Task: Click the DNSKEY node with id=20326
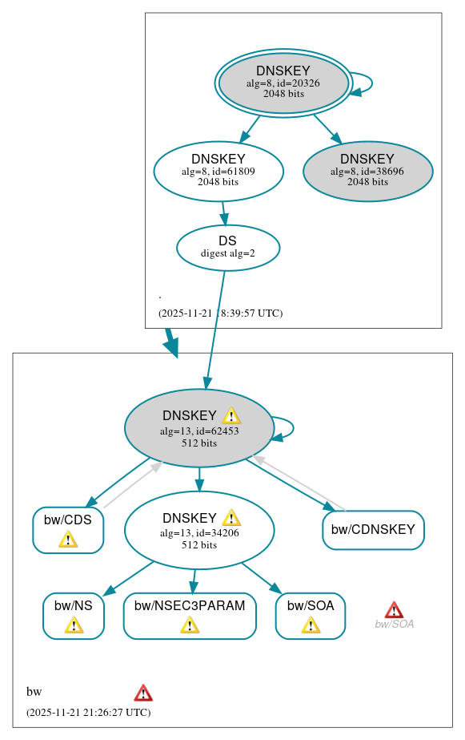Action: tap(283, 83)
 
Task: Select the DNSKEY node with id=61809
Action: tap(218, 171)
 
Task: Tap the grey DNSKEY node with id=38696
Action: tap(367, 171)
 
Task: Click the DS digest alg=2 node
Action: tap(227, 247)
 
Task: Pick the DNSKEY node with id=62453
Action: tap(199, 428)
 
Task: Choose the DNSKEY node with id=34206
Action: tap(199, 531)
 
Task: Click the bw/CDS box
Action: tap(68, 530)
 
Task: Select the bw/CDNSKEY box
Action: tap(373, 530)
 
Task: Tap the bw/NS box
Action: tap(74, 616)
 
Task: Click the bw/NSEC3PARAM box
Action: tap(190, 616)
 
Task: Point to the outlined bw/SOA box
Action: tap(310, 616)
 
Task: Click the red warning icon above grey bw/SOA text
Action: tap(394, 609)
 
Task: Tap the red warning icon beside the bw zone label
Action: tap(143, 693)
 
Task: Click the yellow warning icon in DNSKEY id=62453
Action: tap(231, 415)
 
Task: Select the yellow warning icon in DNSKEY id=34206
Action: tap(231, 518)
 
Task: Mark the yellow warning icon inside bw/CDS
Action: tap(68, 540)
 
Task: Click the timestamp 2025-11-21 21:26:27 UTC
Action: tap(88, 712)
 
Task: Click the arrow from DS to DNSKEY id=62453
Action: tap(215, 329)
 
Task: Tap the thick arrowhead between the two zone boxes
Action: tap(171, 346)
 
